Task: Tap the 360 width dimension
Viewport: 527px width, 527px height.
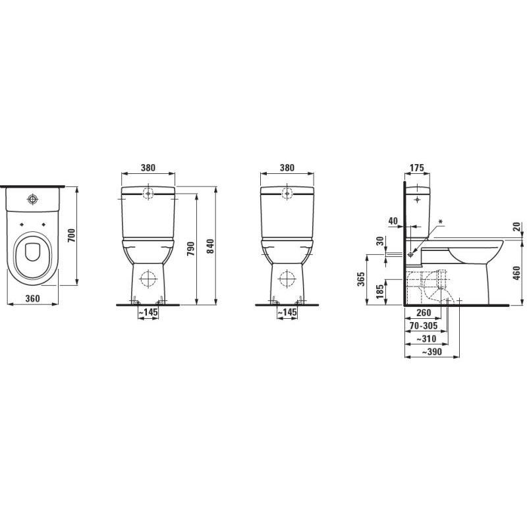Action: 32,298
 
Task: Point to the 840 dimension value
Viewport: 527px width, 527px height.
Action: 211,244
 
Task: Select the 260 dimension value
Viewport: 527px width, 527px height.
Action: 424,314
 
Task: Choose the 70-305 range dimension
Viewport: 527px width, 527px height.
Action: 423,326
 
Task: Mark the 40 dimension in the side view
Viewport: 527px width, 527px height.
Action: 393,221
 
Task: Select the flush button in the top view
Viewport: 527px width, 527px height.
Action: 33,199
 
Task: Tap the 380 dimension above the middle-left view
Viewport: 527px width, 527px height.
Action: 148,168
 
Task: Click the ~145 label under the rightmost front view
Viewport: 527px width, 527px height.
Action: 287,312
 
